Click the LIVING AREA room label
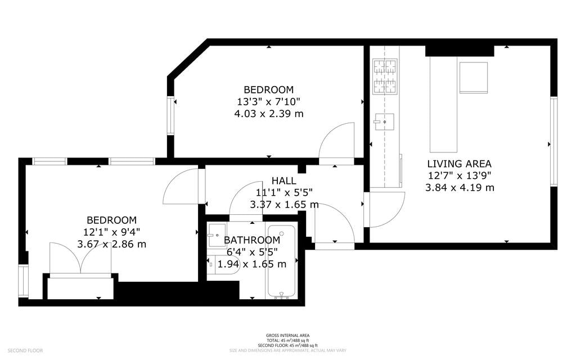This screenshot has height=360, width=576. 460,164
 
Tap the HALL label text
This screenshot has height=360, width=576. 283,181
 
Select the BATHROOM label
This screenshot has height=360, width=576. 252,240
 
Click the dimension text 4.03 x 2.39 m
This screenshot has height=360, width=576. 268,114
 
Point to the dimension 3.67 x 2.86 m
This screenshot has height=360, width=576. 111,244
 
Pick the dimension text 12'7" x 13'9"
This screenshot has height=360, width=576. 460,175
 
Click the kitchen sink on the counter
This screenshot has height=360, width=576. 384,121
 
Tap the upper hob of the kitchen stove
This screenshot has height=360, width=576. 385,67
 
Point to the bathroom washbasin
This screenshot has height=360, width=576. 217,235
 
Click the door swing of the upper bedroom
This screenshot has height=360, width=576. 337,143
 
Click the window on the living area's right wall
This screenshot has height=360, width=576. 553,141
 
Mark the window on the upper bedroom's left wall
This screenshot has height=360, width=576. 170,115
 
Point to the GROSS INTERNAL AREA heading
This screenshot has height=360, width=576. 287,335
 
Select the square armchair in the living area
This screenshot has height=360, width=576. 474,77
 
